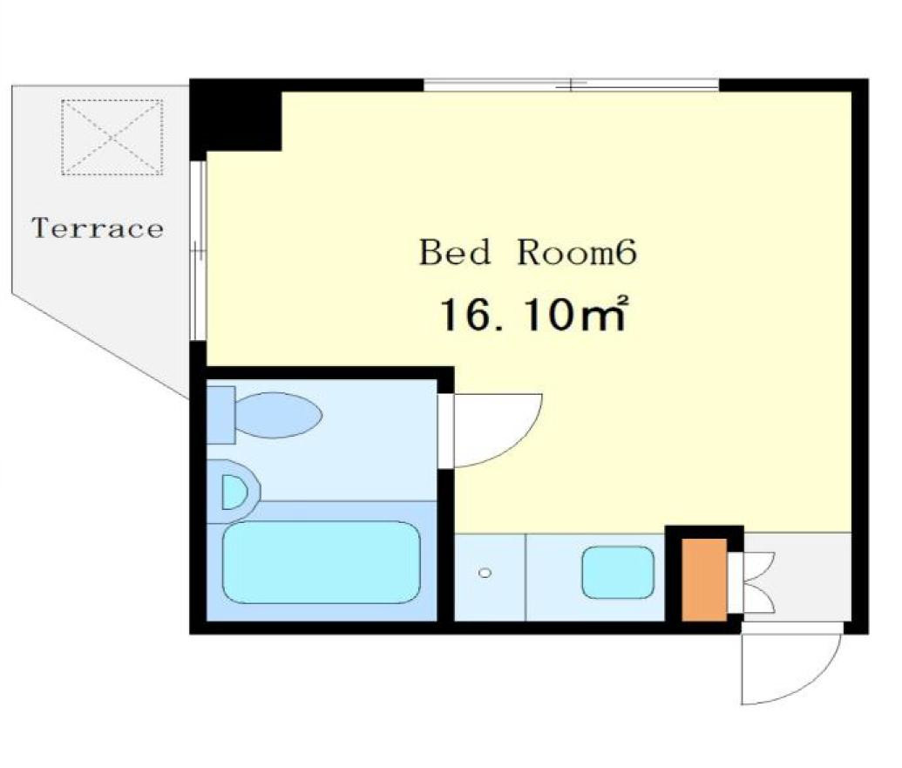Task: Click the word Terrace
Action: point(98,228)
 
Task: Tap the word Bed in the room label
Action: point(454,252)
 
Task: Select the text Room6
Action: point(577,252)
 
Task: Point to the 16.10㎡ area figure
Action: point(532,314)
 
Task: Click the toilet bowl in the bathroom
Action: point(278,415)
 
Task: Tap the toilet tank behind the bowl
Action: point(220,415)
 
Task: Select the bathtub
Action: point(321,562)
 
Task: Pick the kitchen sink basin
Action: point(618,573)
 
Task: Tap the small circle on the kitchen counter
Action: point(485,573)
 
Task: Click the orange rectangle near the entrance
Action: point(704,580)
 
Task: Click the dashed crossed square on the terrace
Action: point(112,137)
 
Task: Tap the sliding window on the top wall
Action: point(571,85)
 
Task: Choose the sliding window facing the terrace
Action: point(198,251)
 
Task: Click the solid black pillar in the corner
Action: point(236,115)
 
